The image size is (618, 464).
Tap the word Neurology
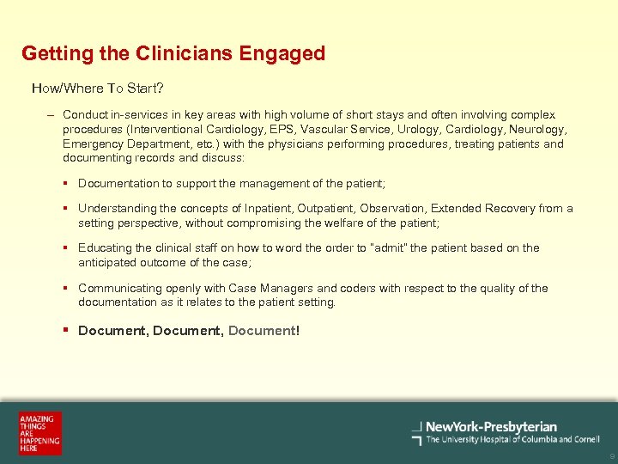[x=541, y=130]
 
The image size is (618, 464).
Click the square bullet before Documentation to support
[x=66, y=183]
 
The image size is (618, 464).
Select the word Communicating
[x=118, y=289]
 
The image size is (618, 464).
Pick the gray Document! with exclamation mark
[x=264, y=331]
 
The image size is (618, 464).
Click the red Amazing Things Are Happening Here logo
[x=40, y=433]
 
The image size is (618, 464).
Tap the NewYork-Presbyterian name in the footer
[x=491, y=426]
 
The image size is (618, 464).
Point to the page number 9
[x=610, y=456]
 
